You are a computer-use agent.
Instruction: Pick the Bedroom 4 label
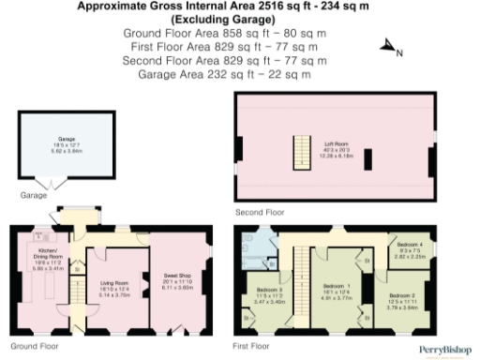[408, 249]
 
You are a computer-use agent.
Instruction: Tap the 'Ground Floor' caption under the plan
[29, 346]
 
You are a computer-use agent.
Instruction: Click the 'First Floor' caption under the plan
[250, 346]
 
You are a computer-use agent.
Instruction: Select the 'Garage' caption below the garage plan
[33, 196]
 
